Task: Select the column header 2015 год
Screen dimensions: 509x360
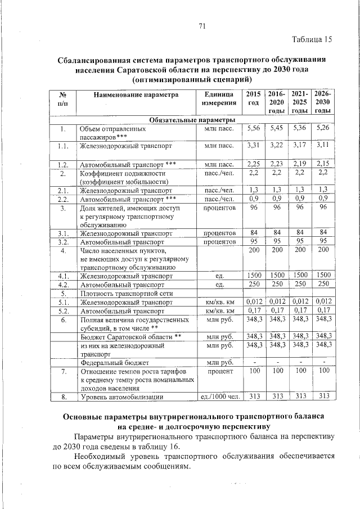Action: click(x=254, y=100)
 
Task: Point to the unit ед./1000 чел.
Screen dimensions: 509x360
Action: click(x=219, y=398)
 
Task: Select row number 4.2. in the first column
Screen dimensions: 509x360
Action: click(x=63, y=284)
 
